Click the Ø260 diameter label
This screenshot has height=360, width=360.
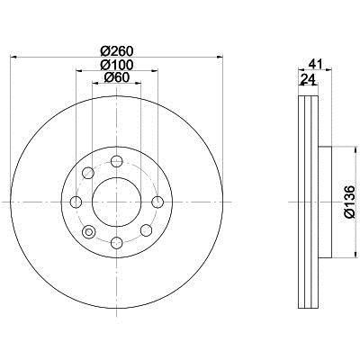117,51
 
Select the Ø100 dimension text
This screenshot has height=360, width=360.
117,65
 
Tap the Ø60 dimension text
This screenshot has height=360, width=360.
117,77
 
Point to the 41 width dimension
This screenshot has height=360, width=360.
315,64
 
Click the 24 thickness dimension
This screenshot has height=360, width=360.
308,79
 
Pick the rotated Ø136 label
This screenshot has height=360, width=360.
349,202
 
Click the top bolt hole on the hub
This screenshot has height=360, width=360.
117,161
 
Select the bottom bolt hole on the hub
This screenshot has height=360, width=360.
117,242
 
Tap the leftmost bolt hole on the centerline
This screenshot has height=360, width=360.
76,202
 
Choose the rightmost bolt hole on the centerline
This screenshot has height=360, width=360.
157,202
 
